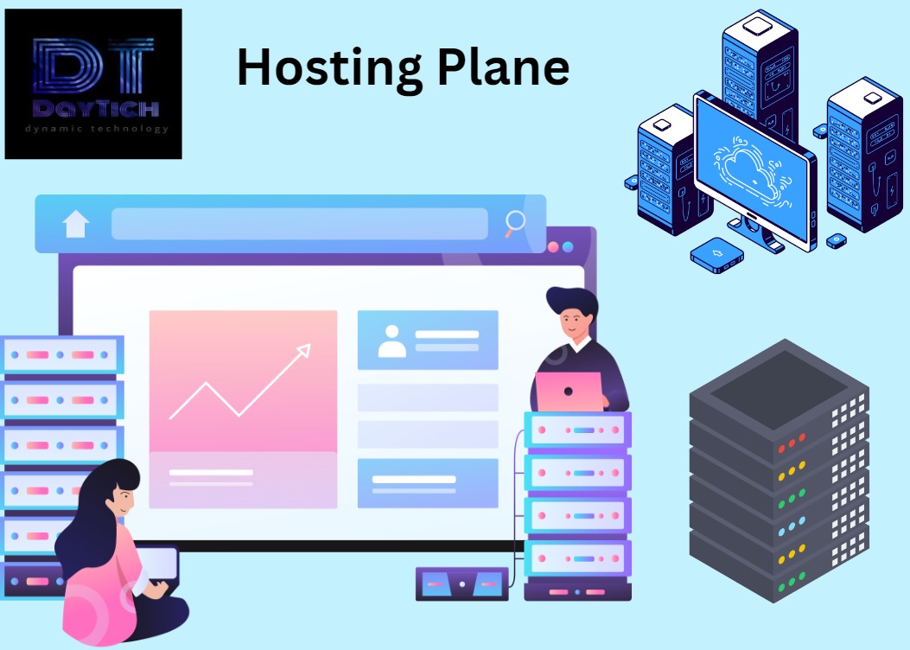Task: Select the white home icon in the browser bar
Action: coord(76,224)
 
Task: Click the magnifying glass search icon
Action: coord(515,223)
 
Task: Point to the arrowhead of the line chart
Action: coord(303,349)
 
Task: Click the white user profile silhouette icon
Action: coord(392,341)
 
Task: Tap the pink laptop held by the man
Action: coord(569,392)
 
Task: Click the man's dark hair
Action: coord(572,303)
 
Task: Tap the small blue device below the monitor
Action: coord(717,253)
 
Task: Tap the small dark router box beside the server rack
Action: coord(461,583)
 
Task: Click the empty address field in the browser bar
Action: coord(299,224)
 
